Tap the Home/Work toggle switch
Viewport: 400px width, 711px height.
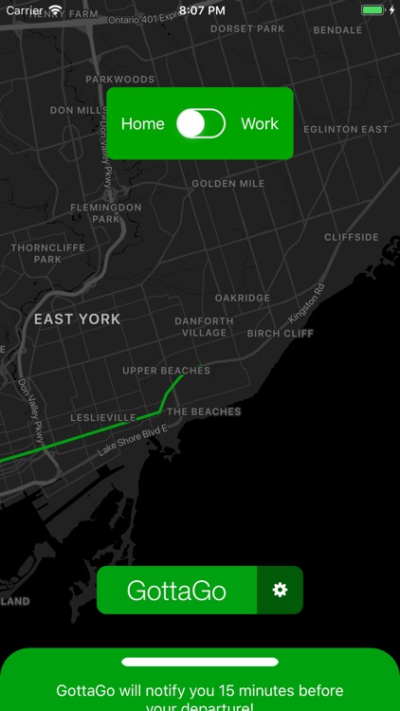pos(201,123)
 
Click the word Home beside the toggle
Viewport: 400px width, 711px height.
pos(142,124)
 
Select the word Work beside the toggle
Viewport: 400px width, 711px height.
pos(260,124)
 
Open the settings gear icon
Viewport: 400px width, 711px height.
pos(280,591)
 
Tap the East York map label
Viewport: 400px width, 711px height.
pos(78,319)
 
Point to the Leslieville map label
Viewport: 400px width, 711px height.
pos(103,418)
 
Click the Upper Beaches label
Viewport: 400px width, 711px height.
pos(166,371)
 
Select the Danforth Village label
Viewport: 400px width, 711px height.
pos(204,327)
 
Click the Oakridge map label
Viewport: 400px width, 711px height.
pos(242,298)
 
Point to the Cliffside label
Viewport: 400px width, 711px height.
pos(351,237)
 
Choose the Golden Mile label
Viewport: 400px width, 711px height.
pos(227,183)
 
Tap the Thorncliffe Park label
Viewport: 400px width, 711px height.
pos(47,253)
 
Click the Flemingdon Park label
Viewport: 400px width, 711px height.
pos(105,212)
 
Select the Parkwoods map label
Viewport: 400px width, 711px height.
pos(119,80)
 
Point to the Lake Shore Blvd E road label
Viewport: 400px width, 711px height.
pos(133,442)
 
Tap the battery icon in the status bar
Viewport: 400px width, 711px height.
pos(373,9)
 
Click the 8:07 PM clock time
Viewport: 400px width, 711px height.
pos(201,9)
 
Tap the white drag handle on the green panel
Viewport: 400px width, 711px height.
pos(200,662)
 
